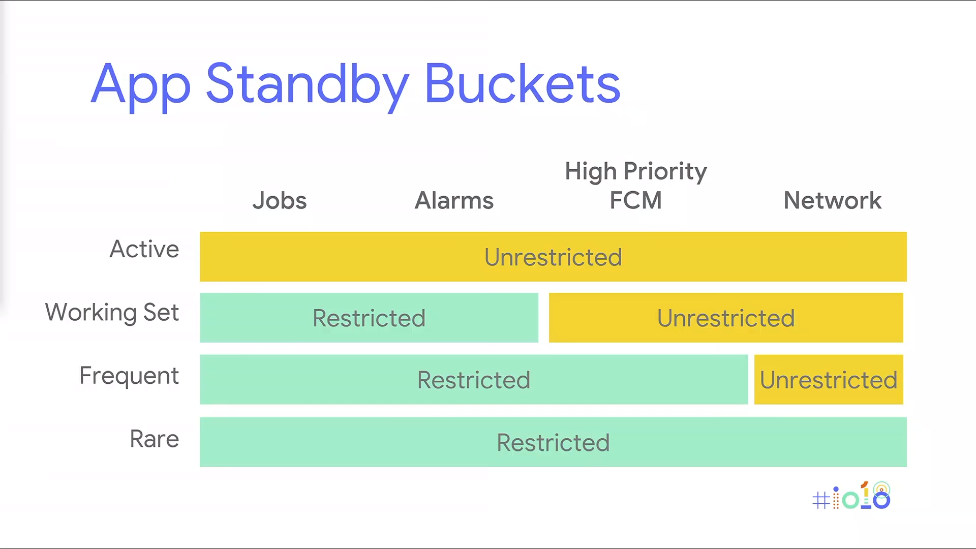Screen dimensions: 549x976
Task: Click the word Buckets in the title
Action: pos(522,84)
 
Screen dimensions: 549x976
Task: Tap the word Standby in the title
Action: pos(307,84)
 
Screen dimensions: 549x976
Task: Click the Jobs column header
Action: pos(280,200)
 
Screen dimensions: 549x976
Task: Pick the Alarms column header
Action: pos(454,200)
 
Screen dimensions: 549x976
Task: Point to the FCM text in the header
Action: pos(635,200)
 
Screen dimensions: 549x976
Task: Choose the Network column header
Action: pos(832,200)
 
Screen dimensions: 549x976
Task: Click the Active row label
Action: pos(144,249)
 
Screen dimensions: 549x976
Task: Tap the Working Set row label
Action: pos(112,312)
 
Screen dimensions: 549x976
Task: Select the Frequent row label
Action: pos(129,376)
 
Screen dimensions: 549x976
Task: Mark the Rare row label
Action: pos(154,439)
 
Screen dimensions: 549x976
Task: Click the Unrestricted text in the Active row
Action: pos(553,257)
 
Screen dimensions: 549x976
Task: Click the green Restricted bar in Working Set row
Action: pos(369,318)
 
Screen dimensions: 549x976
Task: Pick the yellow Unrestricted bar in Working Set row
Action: pos(725,318)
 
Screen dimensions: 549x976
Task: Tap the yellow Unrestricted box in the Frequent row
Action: pos(829,380)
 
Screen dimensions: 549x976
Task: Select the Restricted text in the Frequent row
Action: pos(474,380)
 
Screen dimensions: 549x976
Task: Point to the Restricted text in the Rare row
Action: pos(553,443)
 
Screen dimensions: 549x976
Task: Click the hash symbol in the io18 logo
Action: pos(820,500)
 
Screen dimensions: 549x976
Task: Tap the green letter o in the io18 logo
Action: pos(850,500)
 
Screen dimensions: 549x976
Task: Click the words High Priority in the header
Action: pos(635,171)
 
